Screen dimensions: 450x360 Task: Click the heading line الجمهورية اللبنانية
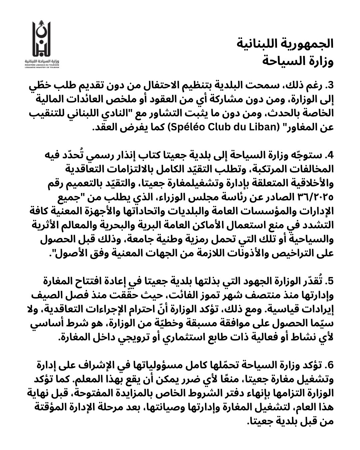point(286,43)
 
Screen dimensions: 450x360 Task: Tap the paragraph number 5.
point(329,282)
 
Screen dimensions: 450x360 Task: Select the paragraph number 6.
point(329,365)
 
